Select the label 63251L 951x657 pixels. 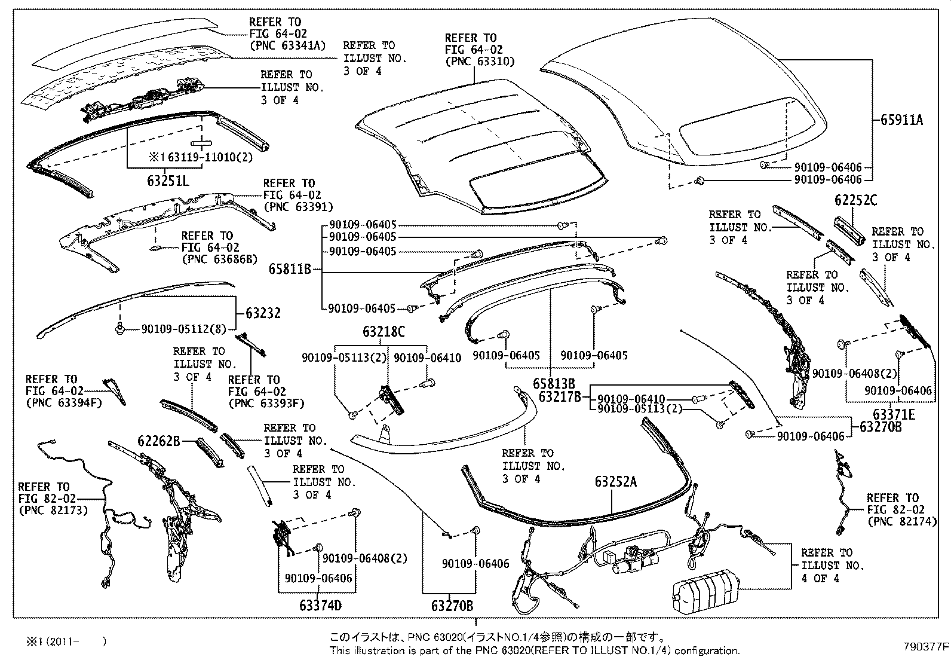coord(168,180)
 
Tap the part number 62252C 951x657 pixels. coord(856,200)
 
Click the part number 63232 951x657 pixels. coord(263,313)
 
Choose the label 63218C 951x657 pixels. coord(383,332)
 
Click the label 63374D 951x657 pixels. coord(320,605)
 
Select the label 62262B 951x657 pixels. coord(159,441)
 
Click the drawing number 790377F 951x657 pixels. coord(925,646)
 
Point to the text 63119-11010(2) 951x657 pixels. coord(203,158)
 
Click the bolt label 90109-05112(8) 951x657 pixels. coord(185,328)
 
